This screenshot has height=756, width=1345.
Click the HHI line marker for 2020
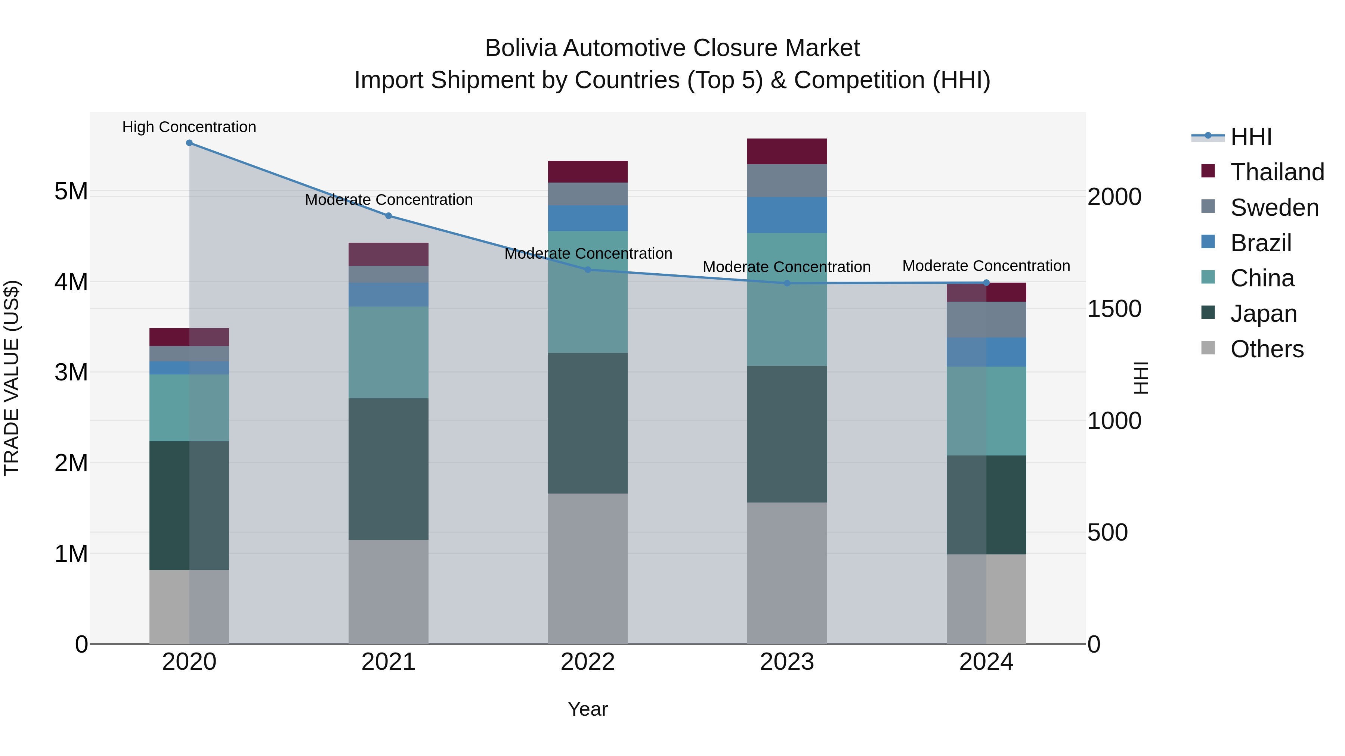coord(189,143)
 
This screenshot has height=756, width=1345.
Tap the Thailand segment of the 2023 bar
coord(787,151)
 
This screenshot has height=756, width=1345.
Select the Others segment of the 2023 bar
coord(787,573)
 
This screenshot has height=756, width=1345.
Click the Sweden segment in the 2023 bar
coord(787,181)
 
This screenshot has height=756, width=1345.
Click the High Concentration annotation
coord(189,127)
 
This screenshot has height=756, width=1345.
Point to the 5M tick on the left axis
coord(71,192)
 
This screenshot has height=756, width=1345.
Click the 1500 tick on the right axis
coord(1114,309)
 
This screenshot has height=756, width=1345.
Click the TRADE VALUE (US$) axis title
coord(12,378)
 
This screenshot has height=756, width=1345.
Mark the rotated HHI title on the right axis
coord(1141,378)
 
